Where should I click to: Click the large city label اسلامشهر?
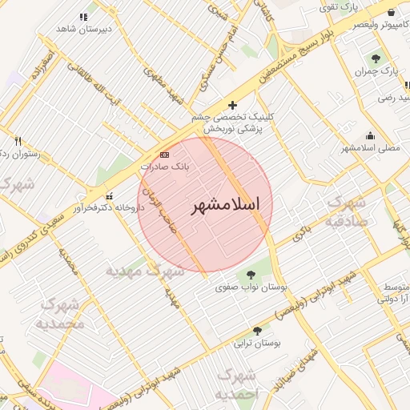point(226,205)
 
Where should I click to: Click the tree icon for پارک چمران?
point(376,58)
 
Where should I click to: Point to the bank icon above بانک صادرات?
point(165,154)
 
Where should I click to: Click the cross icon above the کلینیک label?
point(232,105)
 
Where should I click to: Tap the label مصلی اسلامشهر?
point(370,147)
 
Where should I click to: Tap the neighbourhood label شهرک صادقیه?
point(347,211)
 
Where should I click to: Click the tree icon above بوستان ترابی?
point(257,331)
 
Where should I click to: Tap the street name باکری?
point(301,232)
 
